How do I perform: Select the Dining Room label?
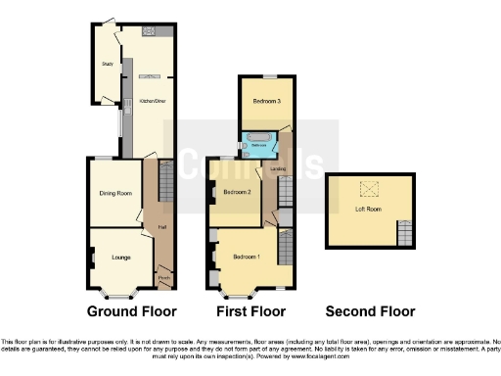[115, 193]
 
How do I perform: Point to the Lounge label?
[121, 258]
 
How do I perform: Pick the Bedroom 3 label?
[258, 101]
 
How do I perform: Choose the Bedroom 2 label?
[238, 193]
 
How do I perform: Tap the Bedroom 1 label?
[246, 257]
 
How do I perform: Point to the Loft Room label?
[367, 210]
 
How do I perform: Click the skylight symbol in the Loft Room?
[369, 189]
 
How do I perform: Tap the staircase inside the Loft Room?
[403, 234]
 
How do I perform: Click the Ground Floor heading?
[132, 311]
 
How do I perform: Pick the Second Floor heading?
[370, 311]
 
